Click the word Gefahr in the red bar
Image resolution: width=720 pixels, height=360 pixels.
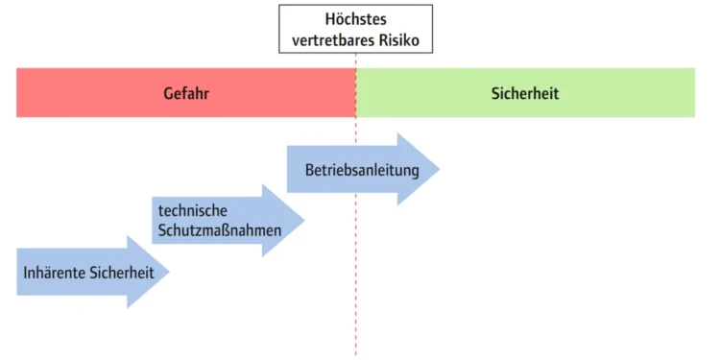click(x=186, y=94)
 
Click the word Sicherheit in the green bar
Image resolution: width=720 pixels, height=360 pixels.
click(x=524, y=94)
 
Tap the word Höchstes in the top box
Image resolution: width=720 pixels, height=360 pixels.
click(x=355, y=19)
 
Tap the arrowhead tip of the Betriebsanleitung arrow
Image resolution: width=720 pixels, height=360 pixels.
click(x=438, y=170)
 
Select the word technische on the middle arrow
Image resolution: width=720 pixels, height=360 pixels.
click(x=189, y=209)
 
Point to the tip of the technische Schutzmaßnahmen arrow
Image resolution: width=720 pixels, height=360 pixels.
click(x=302, y=220)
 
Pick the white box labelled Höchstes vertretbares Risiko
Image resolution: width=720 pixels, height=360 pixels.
click(x=355, y=29)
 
